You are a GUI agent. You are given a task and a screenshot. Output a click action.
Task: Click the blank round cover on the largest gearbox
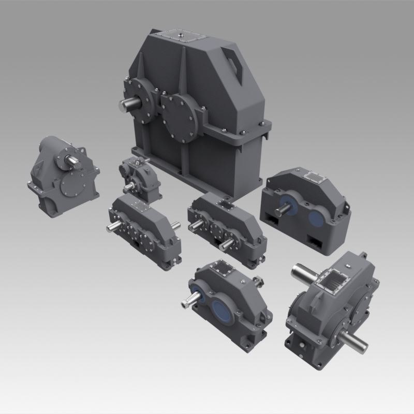[179, 117]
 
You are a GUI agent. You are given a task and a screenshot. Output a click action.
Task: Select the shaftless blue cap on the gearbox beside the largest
[315, 218]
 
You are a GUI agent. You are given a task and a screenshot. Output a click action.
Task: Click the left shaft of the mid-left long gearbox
[113, 228]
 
